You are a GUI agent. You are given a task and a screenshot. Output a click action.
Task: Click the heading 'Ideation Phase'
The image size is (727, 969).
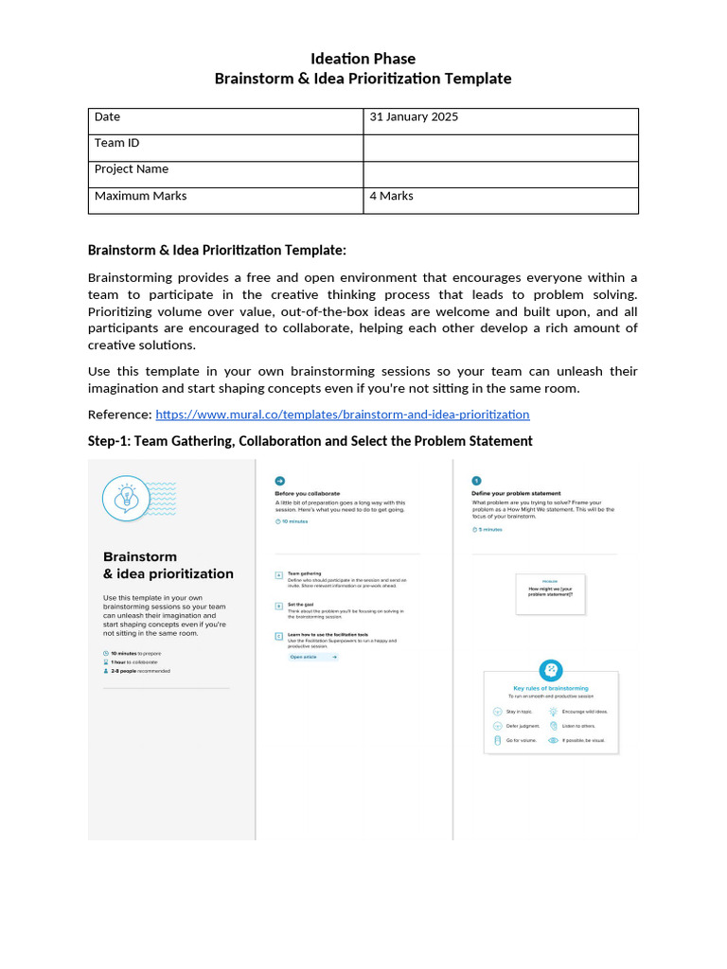point(363,59)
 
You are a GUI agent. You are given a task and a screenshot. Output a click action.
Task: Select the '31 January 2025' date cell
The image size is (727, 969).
point(414,117)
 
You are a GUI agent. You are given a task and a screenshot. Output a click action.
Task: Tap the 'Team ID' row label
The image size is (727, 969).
point(116,144)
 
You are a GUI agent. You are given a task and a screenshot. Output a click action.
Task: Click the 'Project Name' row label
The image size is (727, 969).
point(132,169)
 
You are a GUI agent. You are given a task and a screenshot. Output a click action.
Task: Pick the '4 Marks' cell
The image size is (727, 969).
point(391,197)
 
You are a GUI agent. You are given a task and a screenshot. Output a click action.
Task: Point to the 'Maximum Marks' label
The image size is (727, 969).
point(140,197)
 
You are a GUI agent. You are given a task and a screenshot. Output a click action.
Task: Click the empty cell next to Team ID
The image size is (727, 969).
point(500,148)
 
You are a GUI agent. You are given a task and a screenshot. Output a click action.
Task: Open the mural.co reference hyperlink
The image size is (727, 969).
point(342,414)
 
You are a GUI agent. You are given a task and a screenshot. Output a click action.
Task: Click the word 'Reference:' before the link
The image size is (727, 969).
point(119,414)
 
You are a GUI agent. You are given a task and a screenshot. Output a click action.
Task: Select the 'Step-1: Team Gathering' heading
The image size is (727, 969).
point(310,441)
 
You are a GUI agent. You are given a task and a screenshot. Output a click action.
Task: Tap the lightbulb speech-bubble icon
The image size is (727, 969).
point(126,497)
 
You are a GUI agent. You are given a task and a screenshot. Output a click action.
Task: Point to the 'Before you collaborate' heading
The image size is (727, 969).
point(307,493)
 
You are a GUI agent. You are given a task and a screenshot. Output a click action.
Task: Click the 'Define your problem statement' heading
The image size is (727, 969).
point(516,493)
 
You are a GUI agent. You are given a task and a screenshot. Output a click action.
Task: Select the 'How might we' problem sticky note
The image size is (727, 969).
point(550,593)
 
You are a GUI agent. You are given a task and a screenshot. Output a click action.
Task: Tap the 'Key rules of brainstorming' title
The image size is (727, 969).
point(550,688)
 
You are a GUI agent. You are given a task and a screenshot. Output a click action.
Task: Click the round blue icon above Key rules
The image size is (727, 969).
point(550,670)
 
